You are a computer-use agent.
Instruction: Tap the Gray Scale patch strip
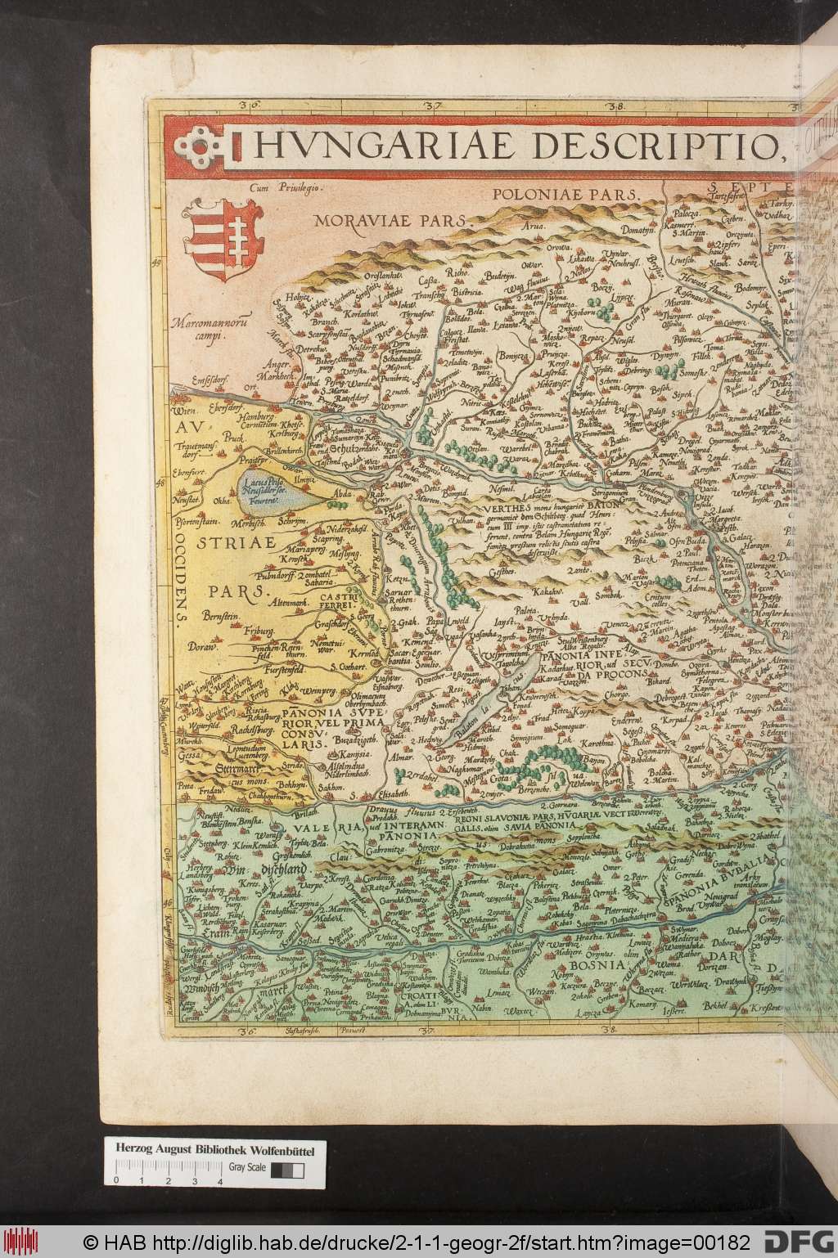point(286,1170)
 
